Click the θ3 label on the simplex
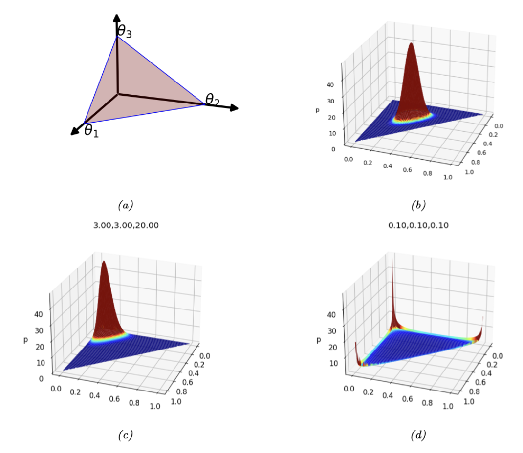(125, 34)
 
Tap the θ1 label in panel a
(91, 130)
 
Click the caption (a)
(125, 206)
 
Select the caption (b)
(418, 206)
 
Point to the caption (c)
(125, 435)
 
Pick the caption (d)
(418, 435)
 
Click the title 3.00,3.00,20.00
(125, 226)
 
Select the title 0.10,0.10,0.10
(418, 226)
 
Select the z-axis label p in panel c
(24, 339)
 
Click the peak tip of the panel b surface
(411, 44)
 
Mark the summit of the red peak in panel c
(104, 262)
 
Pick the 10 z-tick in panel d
(333, 363)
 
